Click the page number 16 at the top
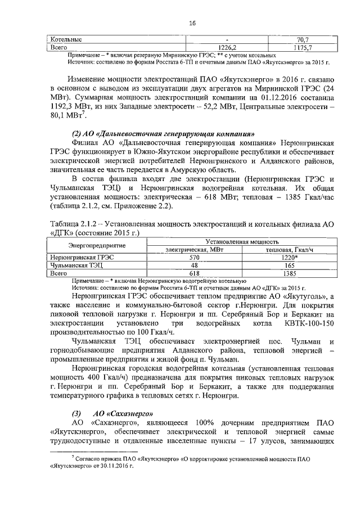coord(192,23)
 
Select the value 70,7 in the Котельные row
coord(303,40)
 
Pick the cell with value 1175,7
coord(303,48)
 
